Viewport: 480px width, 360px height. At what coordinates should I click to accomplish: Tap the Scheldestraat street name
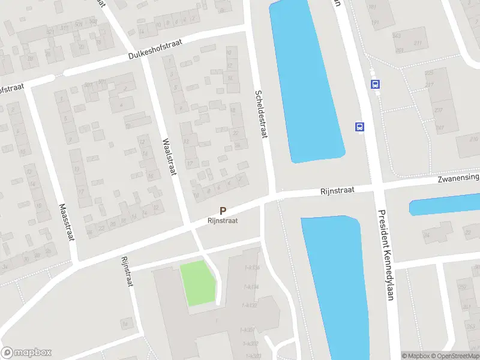[x=259, y=114]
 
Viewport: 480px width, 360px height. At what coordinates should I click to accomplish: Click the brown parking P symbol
[x=223, y=211]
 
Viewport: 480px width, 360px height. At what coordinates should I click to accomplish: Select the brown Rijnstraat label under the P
[x=223, y=221]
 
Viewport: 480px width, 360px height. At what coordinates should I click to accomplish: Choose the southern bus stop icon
[x=360, y=127]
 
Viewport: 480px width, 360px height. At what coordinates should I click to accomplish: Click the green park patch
[x=197, y=283]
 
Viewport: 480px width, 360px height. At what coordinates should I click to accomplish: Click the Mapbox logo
[x=26, y=353]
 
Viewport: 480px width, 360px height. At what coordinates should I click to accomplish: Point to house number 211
[x=417, y=43]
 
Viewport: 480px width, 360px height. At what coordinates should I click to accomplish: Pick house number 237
[x=439, y=110]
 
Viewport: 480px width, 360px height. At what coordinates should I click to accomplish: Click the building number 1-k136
[x=252, y=267]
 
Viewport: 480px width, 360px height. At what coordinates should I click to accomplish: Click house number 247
[x=440, y=128]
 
